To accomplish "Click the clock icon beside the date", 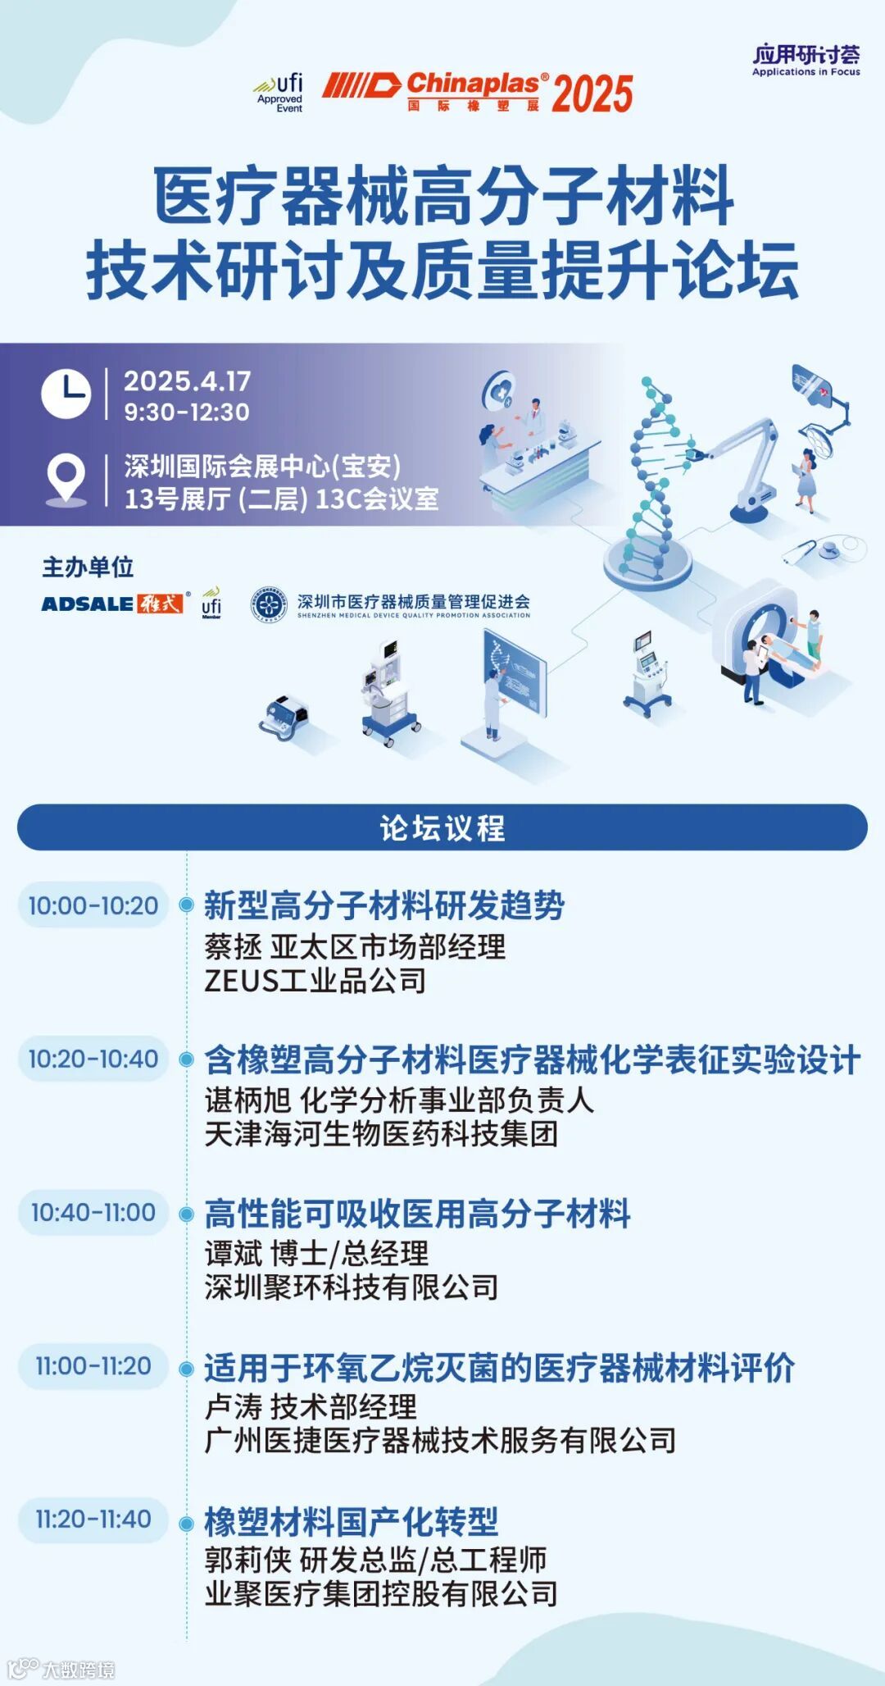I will point(66,394).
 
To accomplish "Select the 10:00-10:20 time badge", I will point(93,905).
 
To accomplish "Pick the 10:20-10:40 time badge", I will point(93,1059).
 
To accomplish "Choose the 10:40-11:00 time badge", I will point(93,1212).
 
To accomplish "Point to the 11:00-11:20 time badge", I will point(93,1365).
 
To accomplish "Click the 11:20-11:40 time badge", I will point(93,1519).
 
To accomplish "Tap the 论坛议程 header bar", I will point(442,827).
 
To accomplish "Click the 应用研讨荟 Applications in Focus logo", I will point(806,60).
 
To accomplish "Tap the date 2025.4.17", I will point(187,381).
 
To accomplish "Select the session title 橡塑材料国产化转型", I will point(351,1522).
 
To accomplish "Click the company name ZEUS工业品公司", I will point(315,981).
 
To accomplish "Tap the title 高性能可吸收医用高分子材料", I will point(417,1214).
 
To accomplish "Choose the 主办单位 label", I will point(88,567).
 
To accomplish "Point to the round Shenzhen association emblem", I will point(269,605).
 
